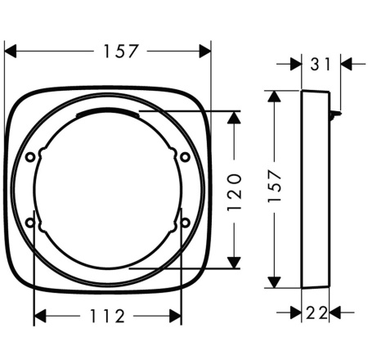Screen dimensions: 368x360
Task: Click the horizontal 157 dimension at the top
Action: pyautogui.click(x=121, y=52)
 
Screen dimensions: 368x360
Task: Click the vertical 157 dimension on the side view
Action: pyautogui.click(x=274, y=186)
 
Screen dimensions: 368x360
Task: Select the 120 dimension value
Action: pyautogui.click(x=234, y=192)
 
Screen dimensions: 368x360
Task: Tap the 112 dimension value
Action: pyautogui.click(x=107, y=316)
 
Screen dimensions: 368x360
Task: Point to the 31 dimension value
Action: pyautogui.click(x=321, y=65)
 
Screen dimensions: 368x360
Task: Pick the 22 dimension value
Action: pyautogui.click(x=316, y=313)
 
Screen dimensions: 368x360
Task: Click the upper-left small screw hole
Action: pyautogui.click(x=30, y=157)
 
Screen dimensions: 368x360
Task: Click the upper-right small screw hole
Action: pyautogui.click(x=186, y=157)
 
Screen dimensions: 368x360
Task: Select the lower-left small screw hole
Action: pyautogui.click(x=30, y=223)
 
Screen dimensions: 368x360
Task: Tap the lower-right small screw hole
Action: pyautogui.click(x=186, y=223)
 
